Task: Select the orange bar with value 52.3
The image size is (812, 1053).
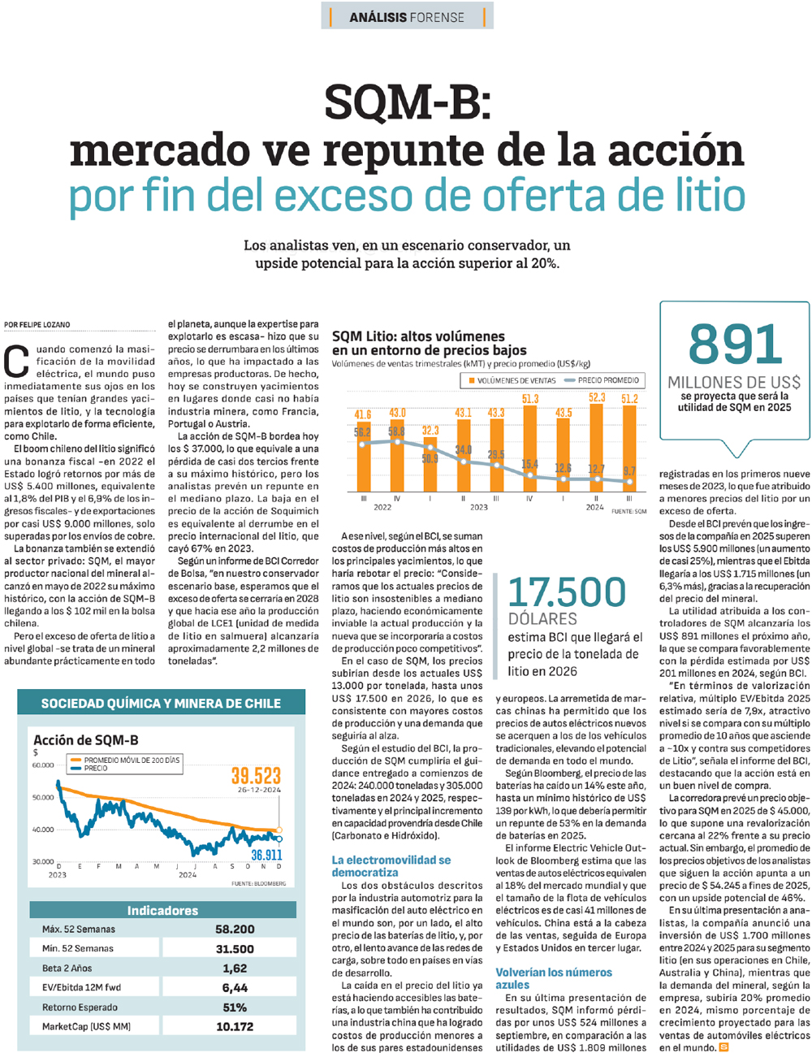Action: point(595,448)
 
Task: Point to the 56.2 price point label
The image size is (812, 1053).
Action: point(361,432)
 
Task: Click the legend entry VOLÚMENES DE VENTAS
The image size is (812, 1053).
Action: point(512,380)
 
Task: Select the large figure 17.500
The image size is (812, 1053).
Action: point(567,591)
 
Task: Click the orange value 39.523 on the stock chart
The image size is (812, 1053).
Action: point(256,776)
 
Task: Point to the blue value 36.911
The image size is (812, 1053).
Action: point(266,854)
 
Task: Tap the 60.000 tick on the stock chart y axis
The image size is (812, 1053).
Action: point(43,765)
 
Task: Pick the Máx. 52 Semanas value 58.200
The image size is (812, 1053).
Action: point(235,929)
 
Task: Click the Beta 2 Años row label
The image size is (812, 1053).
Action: point(67,968)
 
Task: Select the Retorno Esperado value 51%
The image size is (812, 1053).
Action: point(235,1007)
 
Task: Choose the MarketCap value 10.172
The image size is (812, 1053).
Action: point(235,1027)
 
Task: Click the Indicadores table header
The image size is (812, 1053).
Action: point(162,910)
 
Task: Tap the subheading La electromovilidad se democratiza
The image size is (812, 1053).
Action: point(391,866)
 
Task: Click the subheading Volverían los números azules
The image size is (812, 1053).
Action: point(554,978)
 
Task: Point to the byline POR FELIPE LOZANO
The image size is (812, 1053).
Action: point(37,325)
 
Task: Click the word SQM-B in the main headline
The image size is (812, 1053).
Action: point(408,102)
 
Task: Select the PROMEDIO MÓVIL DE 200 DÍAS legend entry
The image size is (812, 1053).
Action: point(132,760)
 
